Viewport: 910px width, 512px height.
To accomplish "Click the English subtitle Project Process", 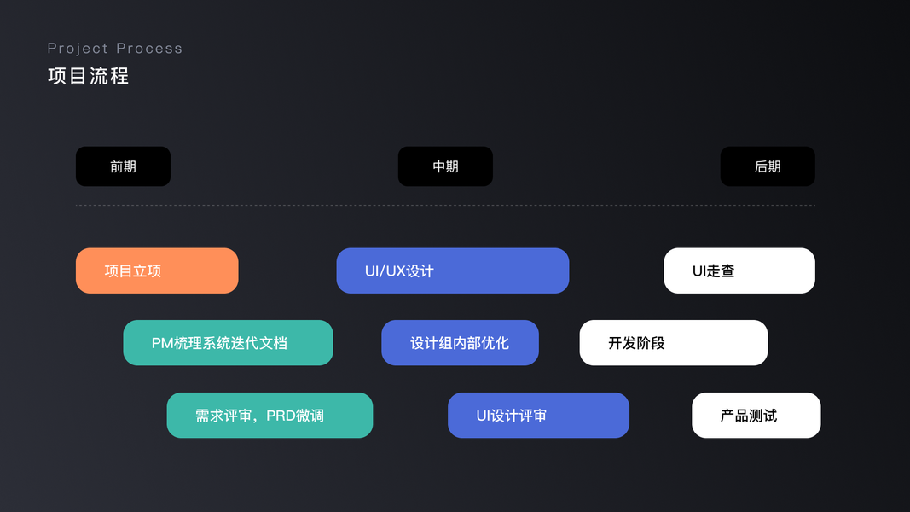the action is (x=114, y=49).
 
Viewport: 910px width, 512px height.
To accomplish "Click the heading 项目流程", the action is (x=88, y=76).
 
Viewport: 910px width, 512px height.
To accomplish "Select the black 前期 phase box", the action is (x=123, y=166).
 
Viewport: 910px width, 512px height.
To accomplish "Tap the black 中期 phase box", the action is (x=445, y=166).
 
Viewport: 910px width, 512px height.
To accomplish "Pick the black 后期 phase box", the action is (x=768, y=166).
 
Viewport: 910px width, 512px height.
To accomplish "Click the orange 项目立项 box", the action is (x=157, y=271).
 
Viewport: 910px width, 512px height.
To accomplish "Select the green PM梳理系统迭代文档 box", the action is (x=228, y=343).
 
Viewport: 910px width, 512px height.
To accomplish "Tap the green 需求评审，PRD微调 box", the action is (x=270, y=416).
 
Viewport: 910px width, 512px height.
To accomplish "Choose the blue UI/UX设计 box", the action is (x=452, y=271).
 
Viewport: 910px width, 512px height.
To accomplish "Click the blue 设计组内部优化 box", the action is (x=460, y=343).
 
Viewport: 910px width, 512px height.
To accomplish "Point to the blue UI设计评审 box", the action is (x=538, y=416).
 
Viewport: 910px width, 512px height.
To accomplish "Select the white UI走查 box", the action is (x=739, y=271).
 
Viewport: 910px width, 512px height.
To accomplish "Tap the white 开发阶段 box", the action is (x=674, y=343).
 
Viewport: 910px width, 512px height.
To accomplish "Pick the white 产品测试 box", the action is (x=756, y=416).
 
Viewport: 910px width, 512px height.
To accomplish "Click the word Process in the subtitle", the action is (x=149, y=49).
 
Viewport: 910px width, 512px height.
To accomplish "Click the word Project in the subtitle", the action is (x=77, y=49).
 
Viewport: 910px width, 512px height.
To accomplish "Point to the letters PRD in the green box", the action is (x=281, y=416).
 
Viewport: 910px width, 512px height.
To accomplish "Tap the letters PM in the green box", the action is (x=162, y=343).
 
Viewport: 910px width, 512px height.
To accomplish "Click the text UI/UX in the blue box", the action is (x=385, y=271).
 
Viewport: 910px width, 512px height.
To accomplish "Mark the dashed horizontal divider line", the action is (x=445, y=206).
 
